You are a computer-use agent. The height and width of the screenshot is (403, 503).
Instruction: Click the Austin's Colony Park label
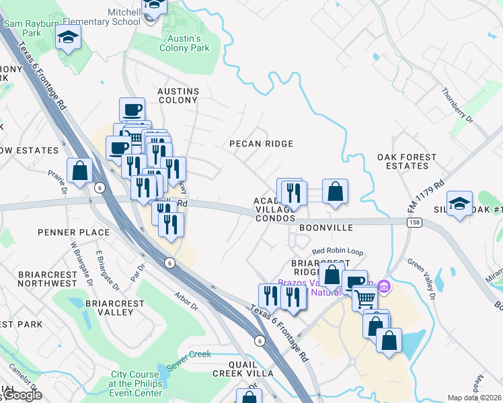click(184, 43)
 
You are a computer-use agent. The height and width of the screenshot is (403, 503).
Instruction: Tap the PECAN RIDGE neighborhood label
click(261, 144)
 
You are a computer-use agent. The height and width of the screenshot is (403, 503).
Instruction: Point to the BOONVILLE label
click(326, 228)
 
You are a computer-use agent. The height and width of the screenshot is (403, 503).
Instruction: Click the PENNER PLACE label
click(75, 232)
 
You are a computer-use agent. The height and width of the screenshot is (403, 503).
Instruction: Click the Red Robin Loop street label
click(337, 252)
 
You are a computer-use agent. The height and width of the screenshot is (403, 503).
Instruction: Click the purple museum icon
click(384, 287)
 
